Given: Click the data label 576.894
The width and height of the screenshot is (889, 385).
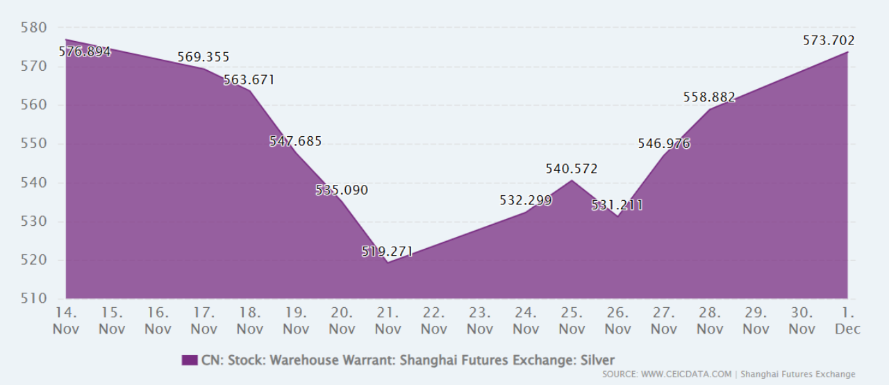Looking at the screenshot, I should pos(85,51).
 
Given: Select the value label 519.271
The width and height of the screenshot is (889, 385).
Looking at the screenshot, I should pos(387,252).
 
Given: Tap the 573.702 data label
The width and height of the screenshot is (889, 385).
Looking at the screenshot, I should pos(829,40).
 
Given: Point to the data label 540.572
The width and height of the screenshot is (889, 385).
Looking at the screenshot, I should pos(572,169).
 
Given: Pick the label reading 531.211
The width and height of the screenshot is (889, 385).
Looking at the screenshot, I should pos(617,205).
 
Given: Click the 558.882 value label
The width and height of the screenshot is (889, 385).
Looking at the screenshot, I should pos(709,97).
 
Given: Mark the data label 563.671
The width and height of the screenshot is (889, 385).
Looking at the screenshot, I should pos(249,80).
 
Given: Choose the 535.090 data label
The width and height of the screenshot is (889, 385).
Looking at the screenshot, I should pos(342,190).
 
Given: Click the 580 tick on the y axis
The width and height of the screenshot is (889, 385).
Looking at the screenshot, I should pos(33,28).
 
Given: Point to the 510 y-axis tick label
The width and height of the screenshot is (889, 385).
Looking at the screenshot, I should pos(33,300).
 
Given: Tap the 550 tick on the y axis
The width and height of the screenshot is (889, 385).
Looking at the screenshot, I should pos(33,144).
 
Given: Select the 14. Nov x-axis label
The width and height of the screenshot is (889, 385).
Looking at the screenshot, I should pos(66,320).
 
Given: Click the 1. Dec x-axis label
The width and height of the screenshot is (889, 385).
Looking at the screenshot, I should pos(847,320).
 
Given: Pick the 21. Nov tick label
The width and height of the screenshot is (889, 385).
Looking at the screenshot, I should pos(388,320).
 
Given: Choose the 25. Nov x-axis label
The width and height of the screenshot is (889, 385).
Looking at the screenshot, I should pos(572,320).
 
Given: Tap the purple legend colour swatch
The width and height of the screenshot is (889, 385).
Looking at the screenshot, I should pos(190,360).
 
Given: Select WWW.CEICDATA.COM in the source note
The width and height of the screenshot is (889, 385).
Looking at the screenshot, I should pos(686,375).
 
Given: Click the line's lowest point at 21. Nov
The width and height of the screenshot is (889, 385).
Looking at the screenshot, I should pos(388,263).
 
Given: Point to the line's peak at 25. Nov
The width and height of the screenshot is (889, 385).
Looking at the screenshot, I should pos(572,181).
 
